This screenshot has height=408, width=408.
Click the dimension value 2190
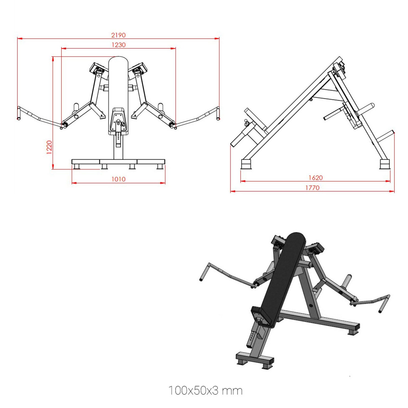click(x=118, y=35)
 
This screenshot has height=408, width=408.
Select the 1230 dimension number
click(x=119, y=45)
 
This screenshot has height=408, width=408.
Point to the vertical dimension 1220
click(x=49, y=147)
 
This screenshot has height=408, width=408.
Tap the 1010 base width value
click(x=119, y=179)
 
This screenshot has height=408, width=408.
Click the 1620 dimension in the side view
click(x=316, y=178)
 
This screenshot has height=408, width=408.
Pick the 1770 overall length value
click(x=312, y=188)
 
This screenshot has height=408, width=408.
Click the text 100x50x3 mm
click(x=206, y=391)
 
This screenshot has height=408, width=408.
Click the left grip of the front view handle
click(x=19, y=113)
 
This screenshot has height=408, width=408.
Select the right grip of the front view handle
click(x=218, y=113)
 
